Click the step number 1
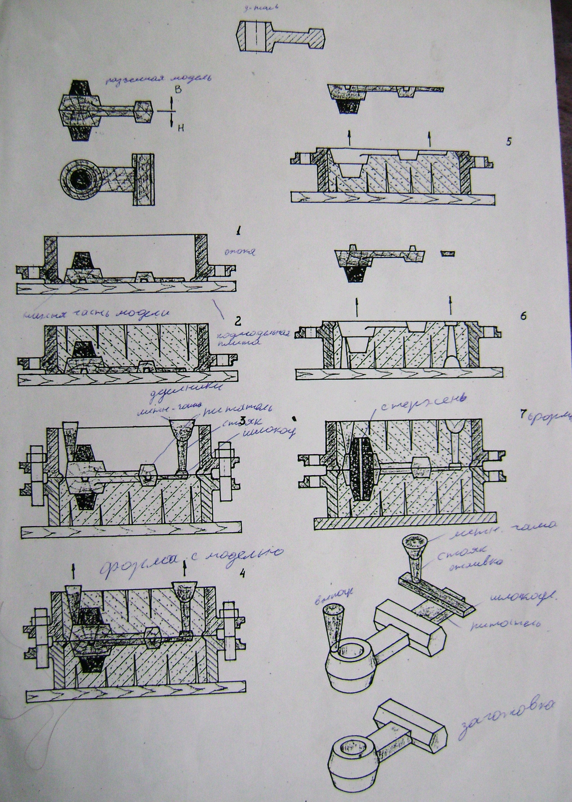(x=239, y=231)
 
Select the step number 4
(x=242, y=571)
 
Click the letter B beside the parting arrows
(x=178, y=90)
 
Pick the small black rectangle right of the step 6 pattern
(x=448, y=253)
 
